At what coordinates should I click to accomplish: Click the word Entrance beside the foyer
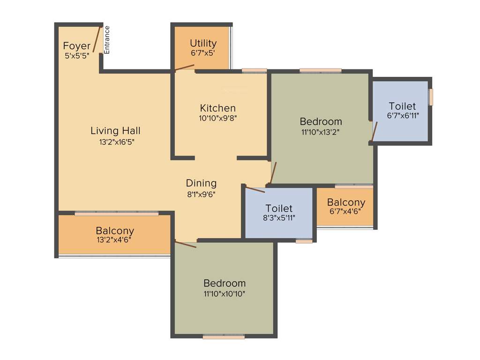[x=107, y=40]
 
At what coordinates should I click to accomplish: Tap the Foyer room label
[x=77, y=46]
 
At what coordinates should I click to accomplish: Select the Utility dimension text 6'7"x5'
[x=203, y=53]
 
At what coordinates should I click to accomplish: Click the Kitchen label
[x=217, y=108]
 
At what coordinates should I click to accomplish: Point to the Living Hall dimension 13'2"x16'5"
[x=115, y=141]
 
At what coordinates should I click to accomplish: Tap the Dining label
[x=201, y=183]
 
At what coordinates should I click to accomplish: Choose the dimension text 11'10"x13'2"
[x=321, y=132]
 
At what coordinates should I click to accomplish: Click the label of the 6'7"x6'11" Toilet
[x=402, y=106]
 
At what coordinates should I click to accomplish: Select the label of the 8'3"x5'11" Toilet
[x=278, y=208]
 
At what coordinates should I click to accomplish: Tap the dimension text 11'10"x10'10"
[x=225, y=294]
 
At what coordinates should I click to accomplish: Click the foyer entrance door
[x=97, y=39]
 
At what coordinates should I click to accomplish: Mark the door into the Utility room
[x=183, y=68]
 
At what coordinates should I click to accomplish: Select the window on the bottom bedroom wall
[x=224, y=336]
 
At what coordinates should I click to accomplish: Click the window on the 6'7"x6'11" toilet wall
[x=431, y=97]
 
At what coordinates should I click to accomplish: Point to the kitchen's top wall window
[x=254, y=71]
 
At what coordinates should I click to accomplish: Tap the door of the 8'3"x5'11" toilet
[x=255, y=190]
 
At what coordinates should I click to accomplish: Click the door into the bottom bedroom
[x=186, y=244]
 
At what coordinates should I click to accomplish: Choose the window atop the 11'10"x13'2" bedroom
[x=320, y=71]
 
